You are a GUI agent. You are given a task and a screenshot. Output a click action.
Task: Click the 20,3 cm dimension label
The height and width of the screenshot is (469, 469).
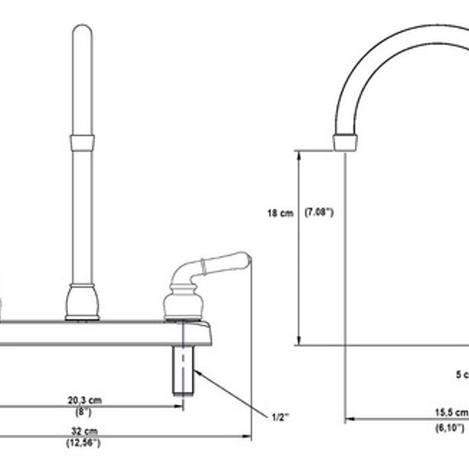[x=85, y=400]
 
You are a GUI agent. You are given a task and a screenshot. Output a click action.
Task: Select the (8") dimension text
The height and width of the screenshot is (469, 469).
[x=83, y=412]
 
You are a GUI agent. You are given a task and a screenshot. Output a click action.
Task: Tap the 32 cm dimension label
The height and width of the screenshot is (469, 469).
[x=83, y=431]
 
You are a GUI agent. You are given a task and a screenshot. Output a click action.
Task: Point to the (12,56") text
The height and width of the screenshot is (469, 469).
[x=83, y=442]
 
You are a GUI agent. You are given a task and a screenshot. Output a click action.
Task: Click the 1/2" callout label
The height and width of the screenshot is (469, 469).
[x=280, y=417]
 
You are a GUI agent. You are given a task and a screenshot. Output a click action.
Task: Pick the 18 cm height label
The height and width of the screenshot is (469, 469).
[x=280, y=213]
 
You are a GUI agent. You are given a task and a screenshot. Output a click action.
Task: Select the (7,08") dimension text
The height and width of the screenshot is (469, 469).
[x=319, y=213]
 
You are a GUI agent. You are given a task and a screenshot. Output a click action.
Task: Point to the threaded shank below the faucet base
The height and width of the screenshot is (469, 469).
[x=183, y=370]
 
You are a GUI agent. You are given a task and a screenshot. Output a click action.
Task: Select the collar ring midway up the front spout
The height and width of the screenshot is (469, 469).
[x=82, y=143]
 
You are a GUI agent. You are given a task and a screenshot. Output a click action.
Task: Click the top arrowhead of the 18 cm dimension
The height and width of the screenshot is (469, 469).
[x=299, y=154]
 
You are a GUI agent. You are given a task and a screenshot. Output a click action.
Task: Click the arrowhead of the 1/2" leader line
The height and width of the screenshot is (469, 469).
[x=197, y=371]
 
